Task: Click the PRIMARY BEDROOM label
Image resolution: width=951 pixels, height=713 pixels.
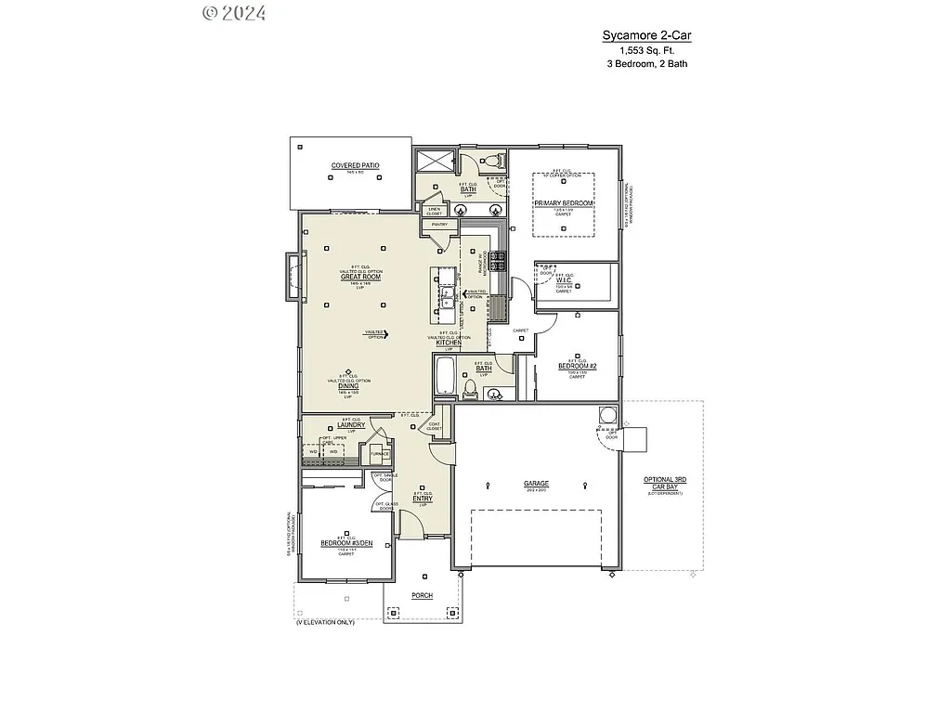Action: click(x=563, y=201)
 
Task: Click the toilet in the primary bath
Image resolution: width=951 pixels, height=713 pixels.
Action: click(x=492, y=161)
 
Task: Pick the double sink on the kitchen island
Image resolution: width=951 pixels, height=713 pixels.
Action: click(x=447, y=297)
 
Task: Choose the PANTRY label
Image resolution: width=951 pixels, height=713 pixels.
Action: click(x=439, y=224)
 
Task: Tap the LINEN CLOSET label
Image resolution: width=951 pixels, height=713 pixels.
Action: click(x=434, y=211)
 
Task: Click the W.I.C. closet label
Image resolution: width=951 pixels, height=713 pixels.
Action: click(x=563, y=281)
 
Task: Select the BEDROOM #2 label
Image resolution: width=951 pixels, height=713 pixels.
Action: click(x=577, y=367)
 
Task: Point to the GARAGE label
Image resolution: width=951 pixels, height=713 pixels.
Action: click(x=536, y=484)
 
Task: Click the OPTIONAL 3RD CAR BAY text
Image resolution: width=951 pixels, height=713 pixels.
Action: click(x=665, y=484)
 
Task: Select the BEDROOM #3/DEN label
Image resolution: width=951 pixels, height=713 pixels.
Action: click(x=345, y=543)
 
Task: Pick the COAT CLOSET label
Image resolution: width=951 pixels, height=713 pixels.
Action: click(x=435, y=426)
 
